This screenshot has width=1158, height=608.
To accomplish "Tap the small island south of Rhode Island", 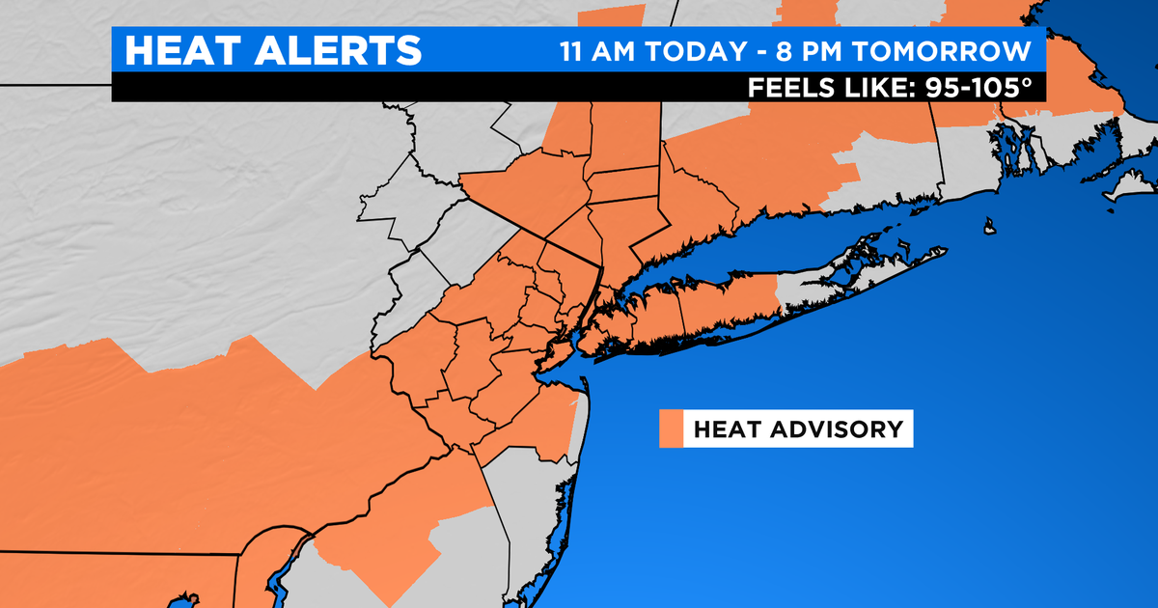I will tap(990, 228).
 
